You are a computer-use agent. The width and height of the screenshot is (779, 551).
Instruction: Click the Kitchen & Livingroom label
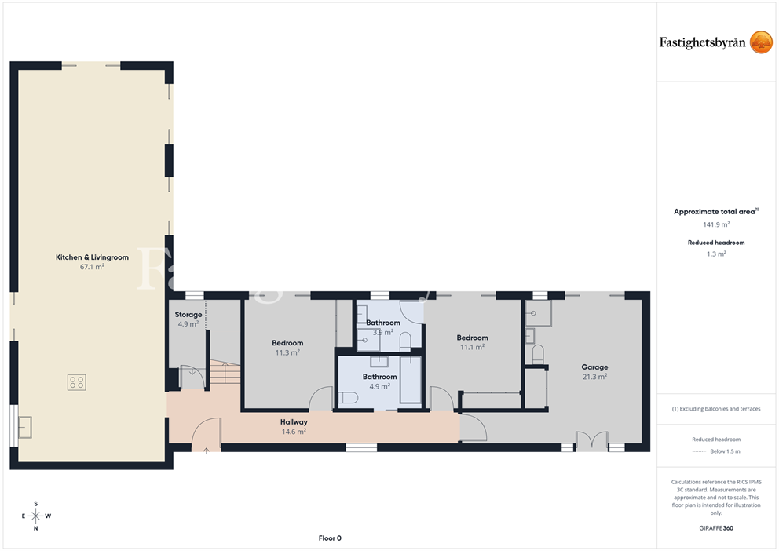[x=92, y=257]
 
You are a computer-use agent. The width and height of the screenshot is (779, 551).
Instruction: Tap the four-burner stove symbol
[x=76, y=382]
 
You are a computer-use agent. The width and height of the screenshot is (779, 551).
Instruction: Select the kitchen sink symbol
[x=25, y=428]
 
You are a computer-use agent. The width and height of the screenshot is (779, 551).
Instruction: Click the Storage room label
[x=188, y=314]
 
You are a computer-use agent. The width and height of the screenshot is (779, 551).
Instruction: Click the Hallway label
[x=294, y=422]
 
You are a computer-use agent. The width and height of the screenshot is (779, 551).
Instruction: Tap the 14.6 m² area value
[x=294, y=432]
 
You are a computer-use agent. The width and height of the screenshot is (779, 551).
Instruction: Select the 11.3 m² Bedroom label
[x=287, y=343]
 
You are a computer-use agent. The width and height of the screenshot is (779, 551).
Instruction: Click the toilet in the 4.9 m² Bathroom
[x=348, y=398]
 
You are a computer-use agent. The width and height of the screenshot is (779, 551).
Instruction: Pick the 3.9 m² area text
[x=383, y=333]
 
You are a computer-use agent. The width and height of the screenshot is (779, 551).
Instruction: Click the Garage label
[x=594, y=367]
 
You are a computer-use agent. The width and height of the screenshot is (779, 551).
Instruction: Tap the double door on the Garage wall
[x=591, y=441]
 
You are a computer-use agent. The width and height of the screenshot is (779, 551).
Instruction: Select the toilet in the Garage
[x=538, y=354]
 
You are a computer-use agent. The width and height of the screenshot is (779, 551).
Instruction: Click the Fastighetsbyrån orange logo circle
[x=761, y=42]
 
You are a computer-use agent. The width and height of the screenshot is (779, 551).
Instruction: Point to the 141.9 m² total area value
[x=716, y=224]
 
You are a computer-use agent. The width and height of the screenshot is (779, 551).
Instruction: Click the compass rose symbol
[x=36, y=516]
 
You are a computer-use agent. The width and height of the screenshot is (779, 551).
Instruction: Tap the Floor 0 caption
[x=330, y=538]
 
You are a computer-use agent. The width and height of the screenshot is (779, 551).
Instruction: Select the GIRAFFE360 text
[x=716, y=528]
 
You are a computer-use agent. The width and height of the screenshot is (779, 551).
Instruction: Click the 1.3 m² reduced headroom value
[x=716, y=254]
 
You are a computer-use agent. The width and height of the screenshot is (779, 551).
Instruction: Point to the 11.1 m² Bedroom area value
[x=472, y=348]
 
